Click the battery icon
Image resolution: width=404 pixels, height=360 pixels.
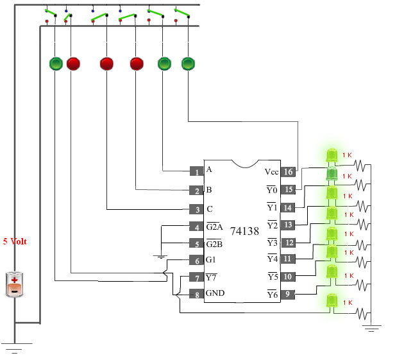coord(14,284)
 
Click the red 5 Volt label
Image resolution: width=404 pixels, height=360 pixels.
coord(15,241)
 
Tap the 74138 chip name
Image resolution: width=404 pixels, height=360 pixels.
coord(244,231)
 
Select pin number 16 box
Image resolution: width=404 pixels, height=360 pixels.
coord(288,171)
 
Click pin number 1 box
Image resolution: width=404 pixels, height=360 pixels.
coord(197,171)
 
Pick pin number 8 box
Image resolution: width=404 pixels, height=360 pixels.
coord(197,294)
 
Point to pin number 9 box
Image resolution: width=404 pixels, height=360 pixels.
coord(287,294)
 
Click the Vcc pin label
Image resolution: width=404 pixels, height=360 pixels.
coord(271,172)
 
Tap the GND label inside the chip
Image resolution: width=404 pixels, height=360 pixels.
coord(215,293)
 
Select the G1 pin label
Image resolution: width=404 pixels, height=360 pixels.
coord(211,260)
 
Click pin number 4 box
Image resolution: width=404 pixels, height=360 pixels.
coord(197,227)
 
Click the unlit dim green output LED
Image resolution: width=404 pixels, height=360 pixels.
coord(332,175)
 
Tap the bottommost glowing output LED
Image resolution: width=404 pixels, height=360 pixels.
coord(332,301)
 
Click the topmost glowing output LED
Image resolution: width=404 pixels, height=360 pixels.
coord(332,155)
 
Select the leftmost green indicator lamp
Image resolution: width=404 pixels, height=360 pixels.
coord(56,64)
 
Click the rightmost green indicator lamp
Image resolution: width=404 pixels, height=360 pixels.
coord(188,64)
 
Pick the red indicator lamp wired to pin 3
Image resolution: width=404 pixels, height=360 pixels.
coord(106,64)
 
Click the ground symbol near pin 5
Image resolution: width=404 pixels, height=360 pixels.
coord(160,257)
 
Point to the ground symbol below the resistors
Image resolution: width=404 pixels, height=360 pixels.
coord(371,328)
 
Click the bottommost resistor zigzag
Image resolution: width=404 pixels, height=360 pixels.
coord(363,314)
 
